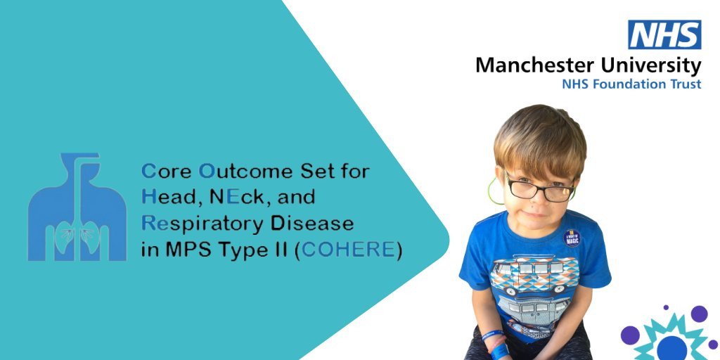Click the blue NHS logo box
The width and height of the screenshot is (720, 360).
click(x=664, y=34)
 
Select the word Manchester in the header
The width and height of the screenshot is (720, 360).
click(x=534, y=65)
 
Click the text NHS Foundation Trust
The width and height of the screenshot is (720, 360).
click(x=631, y=84)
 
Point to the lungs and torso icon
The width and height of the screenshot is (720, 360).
click(x=77, y=207)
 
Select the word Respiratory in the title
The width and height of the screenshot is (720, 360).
click(x=202, y=224)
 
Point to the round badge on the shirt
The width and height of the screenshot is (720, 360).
click(x=572, y=238)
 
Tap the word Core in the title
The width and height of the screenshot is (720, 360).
click(x=166, y=172)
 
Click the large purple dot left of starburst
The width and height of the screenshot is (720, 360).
click(x=630, y=335)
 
